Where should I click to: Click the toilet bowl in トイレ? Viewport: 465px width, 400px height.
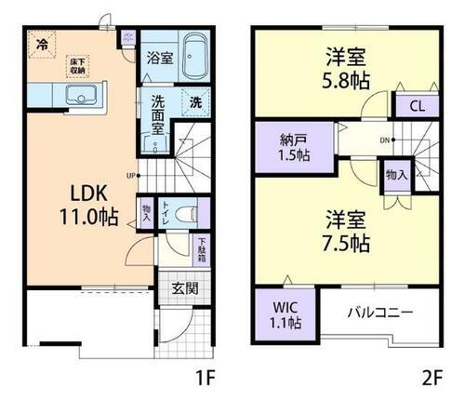pyautogui.click(x=185, y=211)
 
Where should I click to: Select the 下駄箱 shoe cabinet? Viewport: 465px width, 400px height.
pyautogui.click(x=201, y=248)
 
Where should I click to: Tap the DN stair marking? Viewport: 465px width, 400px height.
pyautogui.click(x=383, y=140)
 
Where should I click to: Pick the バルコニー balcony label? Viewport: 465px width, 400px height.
pyautogui.click(x=381, y=311)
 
